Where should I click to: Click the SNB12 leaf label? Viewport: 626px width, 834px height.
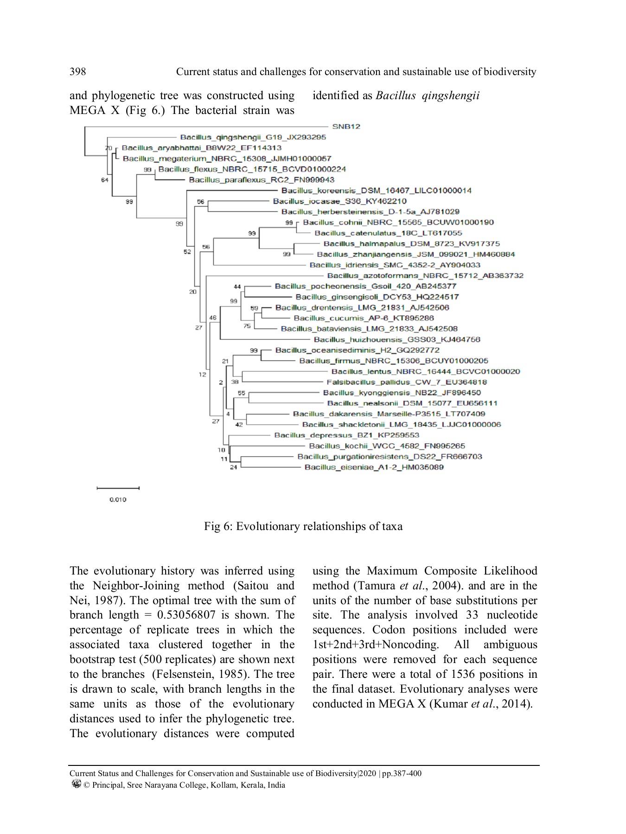[346, 126]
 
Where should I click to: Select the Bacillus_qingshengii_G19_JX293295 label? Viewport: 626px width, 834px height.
[253, 137]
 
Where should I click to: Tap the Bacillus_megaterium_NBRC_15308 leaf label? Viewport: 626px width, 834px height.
[227, 158]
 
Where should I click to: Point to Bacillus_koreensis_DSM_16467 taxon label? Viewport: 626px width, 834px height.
[376, 190]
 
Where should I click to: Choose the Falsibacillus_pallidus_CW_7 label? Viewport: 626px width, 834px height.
[407, 382]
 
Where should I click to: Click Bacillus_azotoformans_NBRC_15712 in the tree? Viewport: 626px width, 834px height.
[425, 276]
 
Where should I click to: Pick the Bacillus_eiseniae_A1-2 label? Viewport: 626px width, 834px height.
[374, 467]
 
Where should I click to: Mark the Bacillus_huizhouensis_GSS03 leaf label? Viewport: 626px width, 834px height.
[397, 340]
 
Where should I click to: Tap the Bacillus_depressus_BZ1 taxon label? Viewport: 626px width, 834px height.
[346, 435]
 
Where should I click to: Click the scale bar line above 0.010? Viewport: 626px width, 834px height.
[118, 488]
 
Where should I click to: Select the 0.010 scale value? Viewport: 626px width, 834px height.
[118, 499]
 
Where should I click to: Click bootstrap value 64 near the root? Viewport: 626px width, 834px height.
[105, 180]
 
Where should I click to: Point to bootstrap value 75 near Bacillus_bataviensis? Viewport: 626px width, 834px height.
[247, 326]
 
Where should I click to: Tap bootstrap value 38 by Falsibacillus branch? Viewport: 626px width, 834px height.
[235, 382]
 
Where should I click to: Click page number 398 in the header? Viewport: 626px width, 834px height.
[77, 71]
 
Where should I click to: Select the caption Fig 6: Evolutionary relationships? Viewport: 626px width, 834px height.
[303, 526]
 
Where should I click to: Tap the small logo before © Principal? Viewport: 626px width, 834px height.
[77, 783]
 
